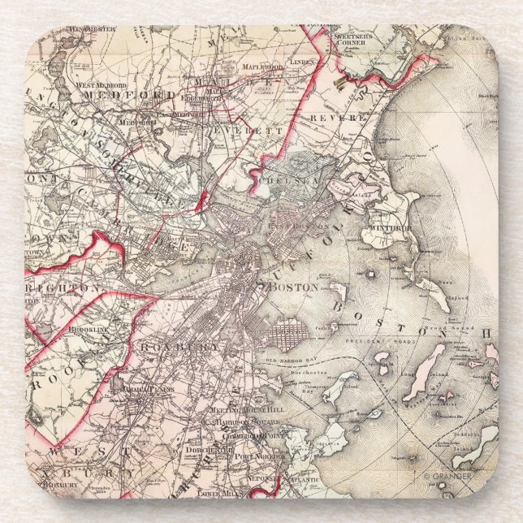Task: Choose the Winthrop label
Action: tap(392, 229)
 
